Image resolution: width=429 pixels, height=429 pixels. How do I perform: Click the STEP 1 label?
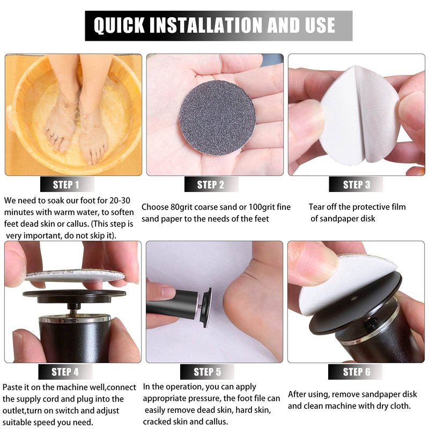click(66, 184)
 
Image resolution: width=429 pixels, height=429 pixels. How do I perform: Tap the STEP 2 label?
click(211, 184)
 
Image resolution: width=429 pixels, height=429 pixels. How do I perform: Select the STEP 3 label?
click(356, 184)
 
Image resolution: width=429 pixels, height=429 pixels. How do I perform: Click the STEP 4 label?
click(65, 372)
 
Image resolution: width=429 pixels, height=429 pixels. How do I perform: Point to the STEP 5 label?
click(207, 372)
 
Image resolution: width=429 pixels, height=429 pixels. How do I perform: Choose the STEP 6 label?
click(357, 372)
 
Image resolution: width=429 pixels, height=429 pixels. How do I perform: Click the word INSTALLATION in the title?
click(206, 25)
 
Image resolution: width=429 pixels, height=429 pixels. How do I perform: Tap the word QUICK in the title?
click(119, 25)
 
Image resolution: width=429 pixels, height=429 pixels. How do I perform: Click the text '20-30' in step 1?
click(120, 201)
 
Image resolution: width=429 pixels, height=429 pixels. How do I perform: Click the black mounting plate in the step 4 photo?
click(74, 296)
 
